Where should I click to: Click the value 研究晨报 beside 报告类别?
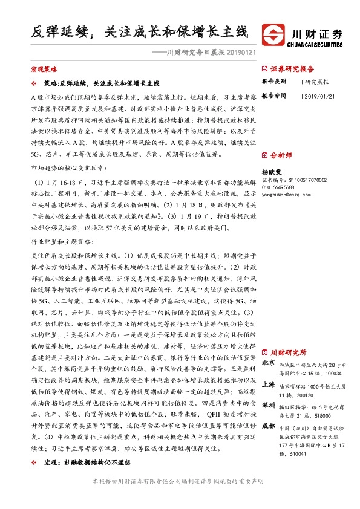[x=317, y=81]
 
